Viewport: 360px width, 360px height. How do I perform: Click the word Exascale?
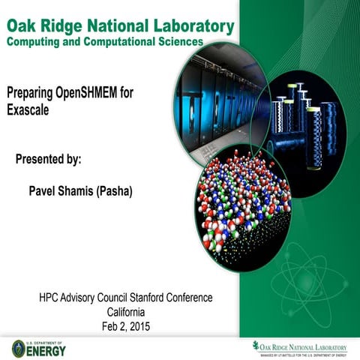pos(31,110)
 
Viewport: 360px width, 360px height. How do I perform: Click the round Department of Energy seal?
pos(19,349)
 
